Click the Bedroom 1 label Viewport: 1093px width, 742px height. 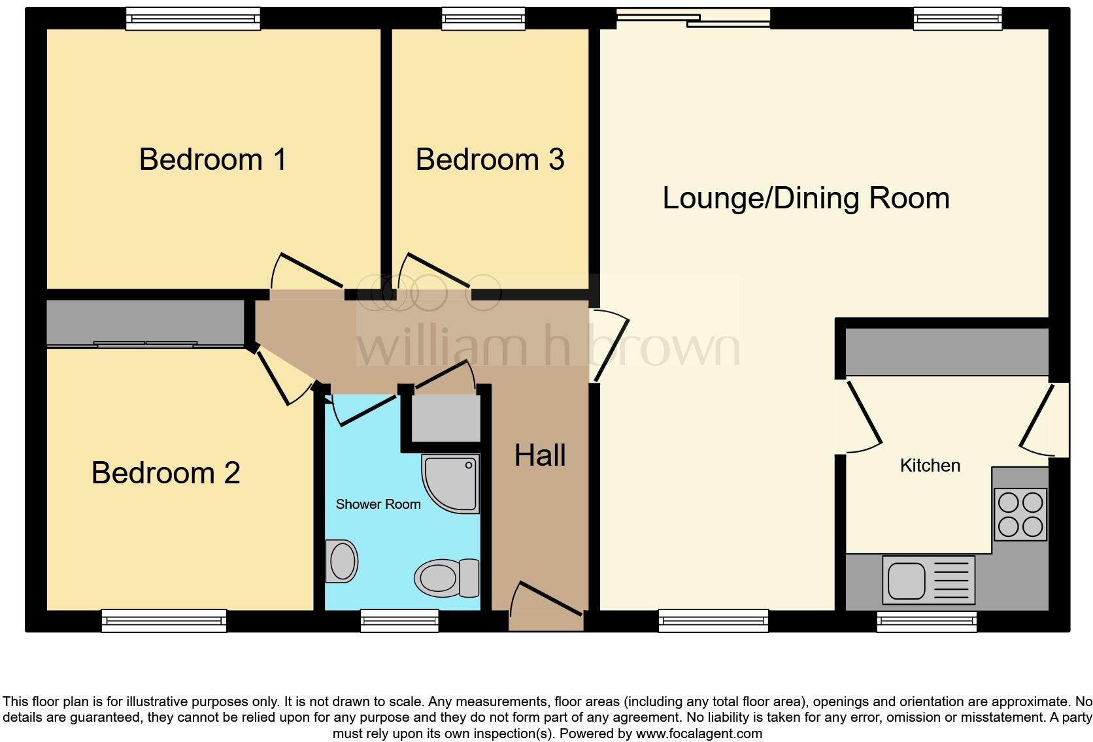212,159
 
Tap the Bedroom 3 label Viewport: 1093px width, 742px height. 490,159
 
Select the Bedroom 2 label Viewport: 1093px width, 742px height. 165,473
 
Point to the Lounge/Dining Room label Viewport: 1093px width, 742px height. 805,198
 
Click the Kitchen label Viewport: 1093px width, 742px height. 930,466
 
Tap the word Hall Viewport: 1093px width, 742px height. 539,455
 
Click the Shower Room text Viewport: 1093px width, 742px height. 378,504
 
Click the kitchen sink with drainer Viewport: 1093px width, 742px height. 928,579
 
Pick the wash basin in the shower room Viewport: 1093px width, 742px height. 341,560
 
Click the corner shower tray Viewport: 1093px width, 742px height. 452,483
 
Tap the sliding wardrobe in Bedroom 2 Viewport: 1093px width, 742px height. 145,323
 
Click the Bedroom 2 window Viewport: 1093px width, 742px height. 164,620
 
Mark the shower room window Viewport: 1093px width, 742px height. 399,620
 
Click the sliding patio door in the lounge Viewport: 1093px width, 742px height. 694,18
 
